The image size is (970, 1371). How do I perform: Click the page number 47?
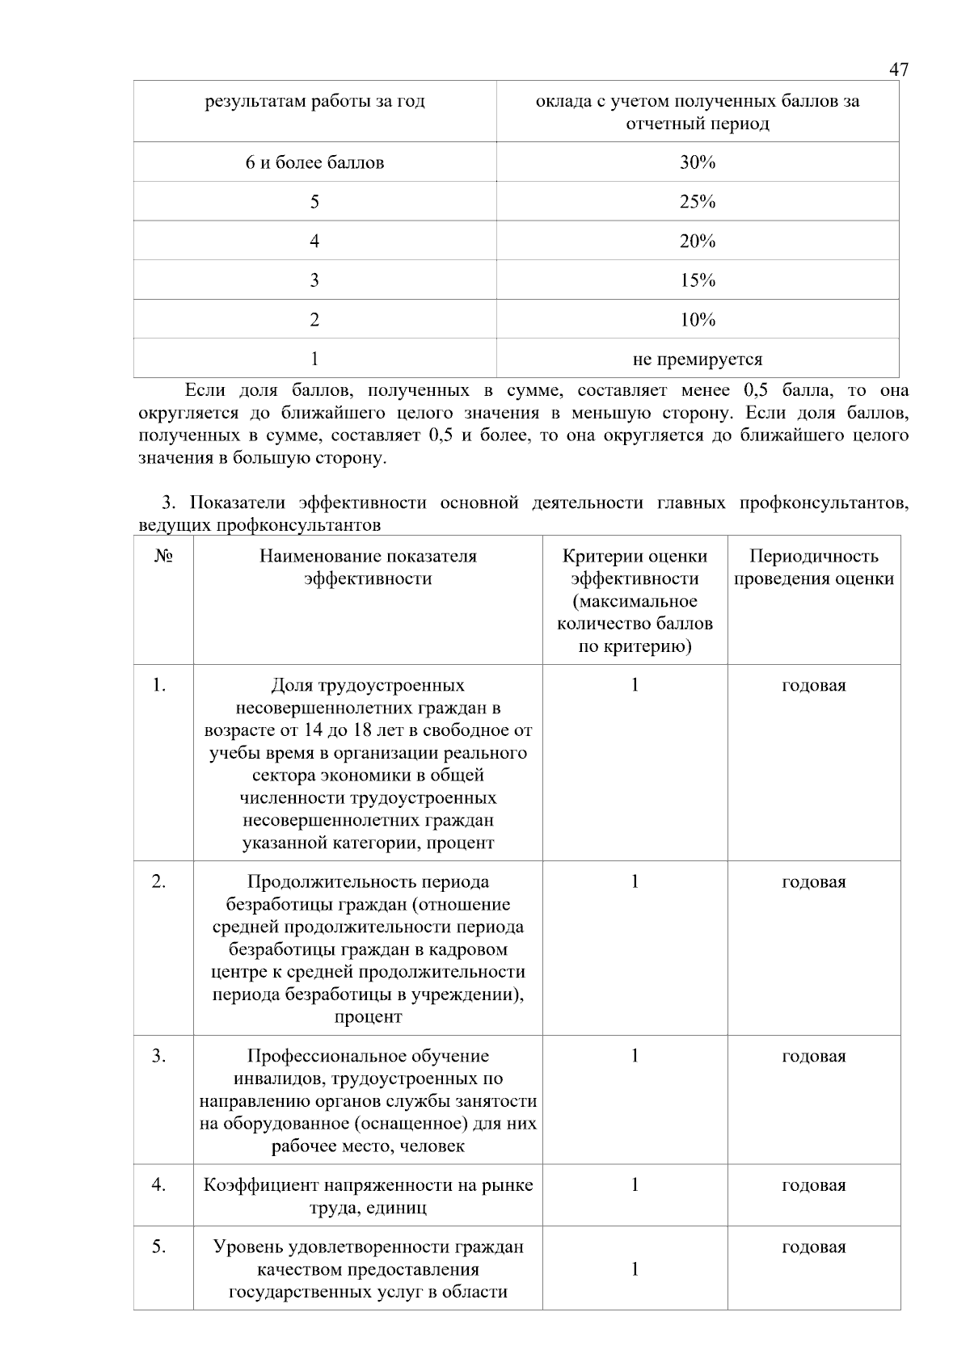click(898, 69)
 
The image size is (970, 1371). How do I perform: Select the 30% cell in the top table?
click(697, 162)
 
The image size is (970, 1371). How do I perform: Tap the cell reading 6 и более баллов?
click(314, 162)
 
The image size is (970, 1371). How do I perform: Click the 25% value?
click(697, 202)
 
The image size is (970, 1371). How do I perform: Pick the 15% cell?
click(697, 280)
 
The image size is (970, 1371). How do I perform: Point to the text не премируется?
click(697, 359)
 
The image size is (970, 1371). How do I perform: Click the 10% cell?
click(697, 320)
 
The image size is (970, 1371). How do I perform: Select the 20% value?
click(697, 242)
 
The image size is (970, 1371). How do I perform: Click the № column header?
click(162, 557)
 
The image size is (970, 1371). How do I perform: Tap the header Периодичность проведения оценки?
click(813, 567)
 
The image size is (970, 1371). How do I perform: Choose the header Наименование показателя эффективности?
click(368, 567)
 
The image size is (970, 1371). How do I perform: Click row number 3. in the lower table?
click(159, 1056)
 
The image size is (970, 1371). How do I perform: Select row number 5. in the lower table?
click(159, 1247)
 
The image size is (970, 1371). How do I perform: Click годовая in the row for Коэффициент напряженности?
click(813, 1185)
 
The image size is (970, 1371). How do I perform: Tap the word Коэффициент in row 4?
click(260, 1185)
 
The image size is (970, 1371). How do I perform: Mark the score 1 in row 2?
click(635, 881)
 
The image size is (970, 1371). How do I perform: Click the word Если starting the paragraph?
click(205, 390)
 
